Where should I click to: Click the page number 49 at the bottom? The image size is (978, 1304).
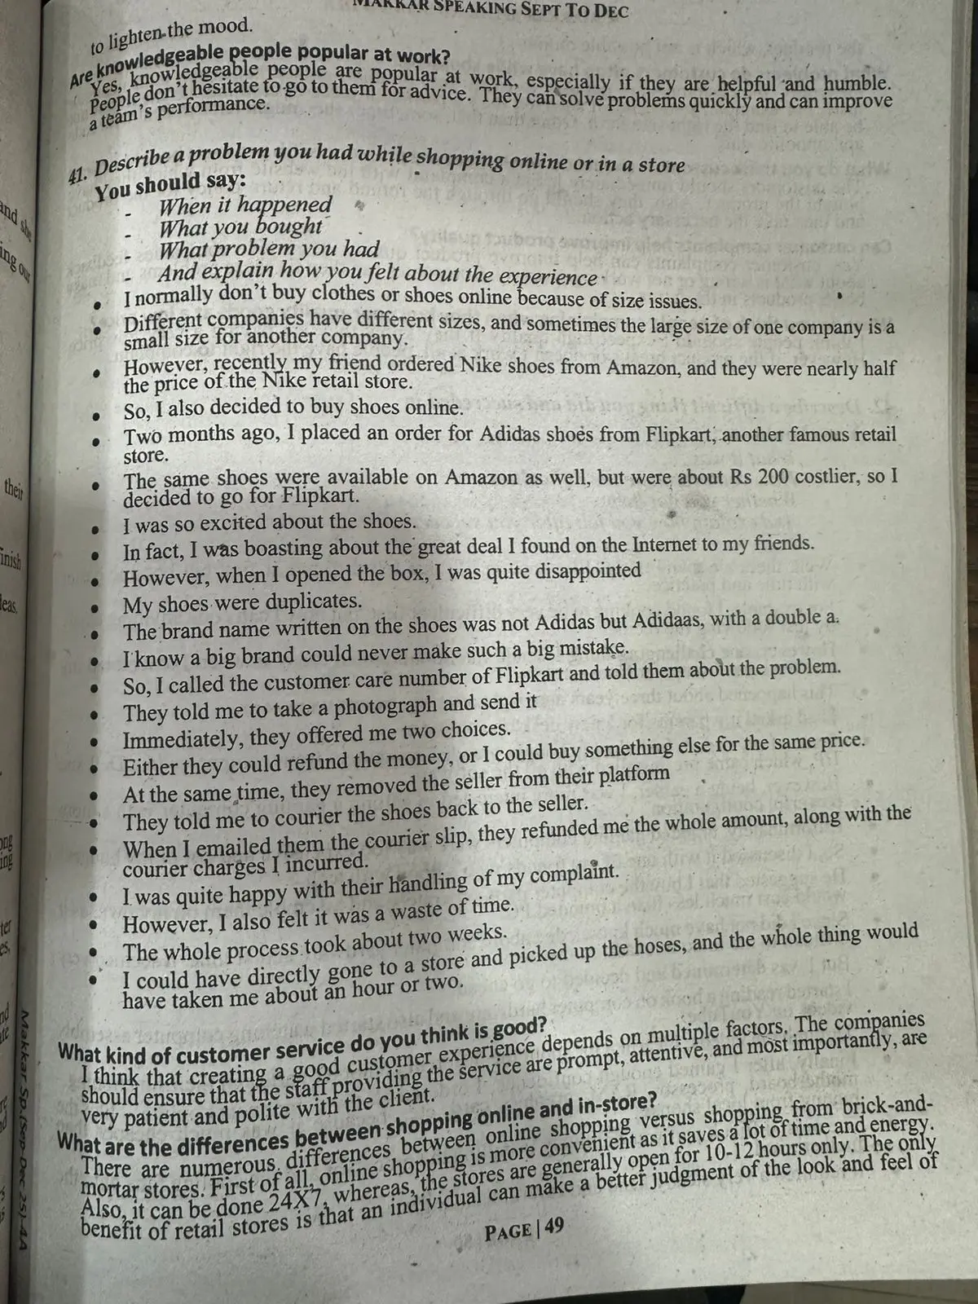pyautogui.click(x=553, y=1227)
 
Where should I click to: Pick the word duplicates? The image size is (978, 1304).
pyautogui.click(x=315, y=602)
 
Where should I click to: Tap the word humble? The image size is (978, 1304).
pyautogui.click(x=857, y=84)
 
